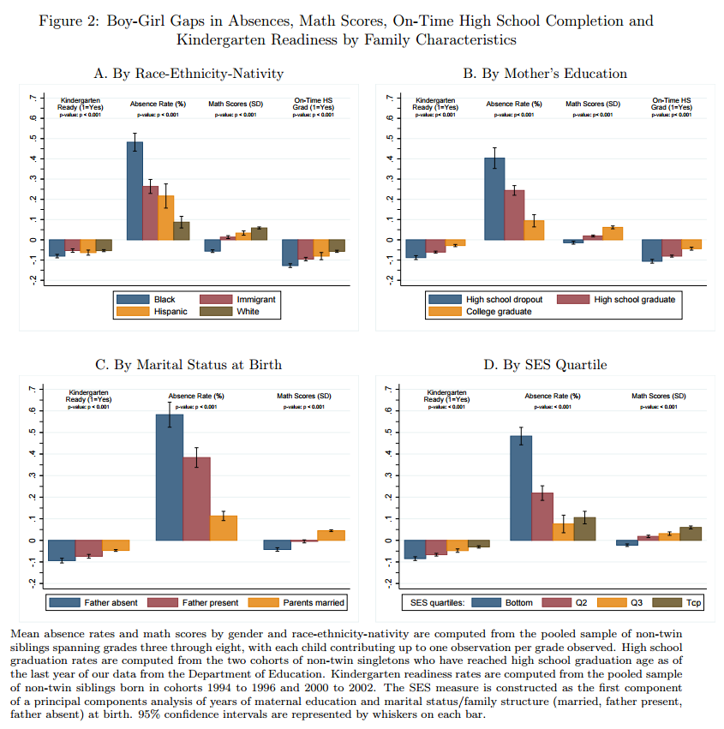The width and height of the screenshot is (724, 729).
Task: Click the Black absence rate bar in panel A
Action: [135, 190]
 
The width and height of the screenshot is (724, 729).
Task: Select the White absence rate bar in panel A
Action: [182, 230]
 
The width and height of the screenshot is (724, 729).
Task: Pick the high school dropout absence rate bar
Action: [494, 198]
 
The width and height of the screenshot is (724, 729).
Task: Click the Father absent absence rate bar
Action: [170, 476]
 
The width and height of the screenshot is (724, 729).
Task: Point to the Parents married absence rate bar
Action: [224, 527]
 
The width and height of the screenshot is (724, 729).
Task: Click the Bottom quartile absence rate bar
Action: [521, 487]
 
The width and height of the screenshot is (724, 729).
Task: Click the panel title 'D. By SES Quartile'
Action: [545, 365]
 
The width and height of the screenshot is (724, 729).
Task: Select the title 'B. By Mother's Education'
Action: [545, 74]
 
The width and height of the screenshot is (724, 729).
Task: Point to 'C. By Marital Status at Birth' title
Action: [188, 365]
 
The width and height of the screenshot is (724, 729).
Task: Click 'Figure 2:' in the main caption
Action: [69, 21]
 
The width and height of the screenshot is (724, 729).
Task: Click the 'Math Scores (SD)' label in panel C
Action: [303, 396]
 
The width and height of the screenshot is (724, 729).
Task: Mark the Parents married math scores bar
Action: [331, 535]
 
